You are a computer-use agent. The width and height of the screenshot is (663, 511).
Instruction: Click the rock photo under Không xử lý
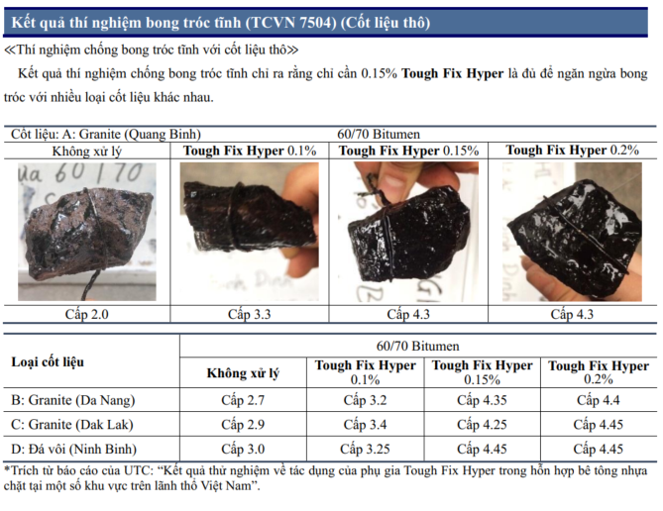(86, 232)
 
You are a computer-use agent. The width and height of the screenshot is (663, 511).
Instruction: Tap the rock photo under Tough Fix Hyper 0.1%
(249, 232)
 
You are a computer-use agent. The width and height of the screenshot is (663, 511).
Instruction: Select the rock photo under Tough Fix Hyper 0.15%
(408, 232)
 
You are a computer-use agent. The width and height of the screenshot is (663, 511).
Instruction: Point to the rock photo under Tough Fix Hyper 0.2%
(572, 232)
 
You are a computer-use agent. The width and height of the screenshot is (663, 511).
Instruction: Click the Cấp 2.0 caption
(86, 315)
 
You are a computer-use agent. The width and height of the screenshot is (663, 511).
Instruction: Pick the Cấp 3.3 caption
(249, 315)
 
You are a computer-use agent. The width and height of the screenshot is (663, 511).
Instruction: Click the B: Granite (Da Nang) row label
(73, 400)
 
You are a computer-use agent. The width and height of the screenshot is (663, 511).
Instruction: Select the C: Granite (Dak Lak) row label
(72, 425)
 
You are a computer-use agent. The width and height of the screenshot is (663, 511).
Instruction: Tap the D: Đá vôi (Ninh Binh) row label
(73, 449)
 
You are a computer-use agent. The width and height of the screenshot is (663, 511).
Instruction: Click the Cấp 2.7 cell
(243, 400)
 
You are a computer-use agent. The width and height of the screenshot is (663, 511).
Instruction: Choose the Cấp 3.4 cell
(365, 425)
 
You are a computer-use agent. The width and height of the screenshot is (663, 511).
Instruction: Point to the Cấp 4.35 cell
(482, 400)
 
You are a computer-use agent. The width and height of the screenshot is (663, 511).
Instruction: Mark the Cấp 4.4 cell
(599, 400)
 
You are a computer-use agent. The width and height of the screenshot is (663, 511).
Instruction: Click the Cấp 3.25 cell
(365, 449)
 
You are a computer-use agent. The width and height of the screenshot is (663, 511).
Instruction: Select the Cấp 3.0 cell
(243, 449)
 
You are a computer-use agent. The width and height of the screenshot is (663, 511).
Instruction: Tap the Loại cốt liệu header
(48, 362)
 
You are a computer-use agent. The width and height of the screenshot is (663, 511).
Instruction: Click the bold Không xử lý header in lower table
(243, 373)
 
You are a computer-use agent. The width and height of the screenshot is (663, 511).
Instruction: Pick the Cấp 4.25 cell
(482, 425)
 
